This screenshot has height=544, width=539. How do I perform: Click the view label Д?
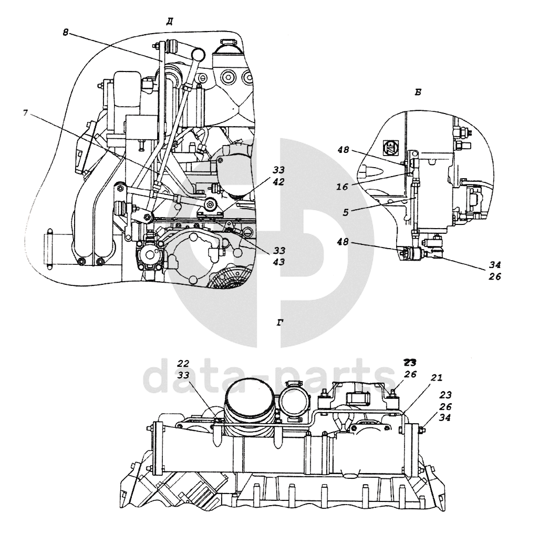[170, 22]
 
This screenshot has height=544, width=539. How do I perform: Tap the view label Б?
[418, 93]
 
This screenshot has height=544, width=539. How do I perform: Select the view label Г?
[280, 323]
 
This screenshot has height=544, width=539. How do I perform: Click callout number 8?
[66, 32]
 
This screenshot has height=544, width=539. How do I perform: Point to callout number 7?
[25, 114]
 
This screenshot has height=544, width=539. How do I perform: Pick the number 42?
[278, 181]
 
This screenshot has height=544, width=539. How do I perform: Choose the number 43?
[278, 262]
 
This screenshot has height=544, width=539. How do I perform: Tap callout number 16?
[342, 187]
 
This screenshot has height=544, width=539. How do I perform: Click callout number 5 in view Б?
[346, 212]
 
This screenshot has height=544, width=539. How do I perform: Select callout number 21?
[437, 377]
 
